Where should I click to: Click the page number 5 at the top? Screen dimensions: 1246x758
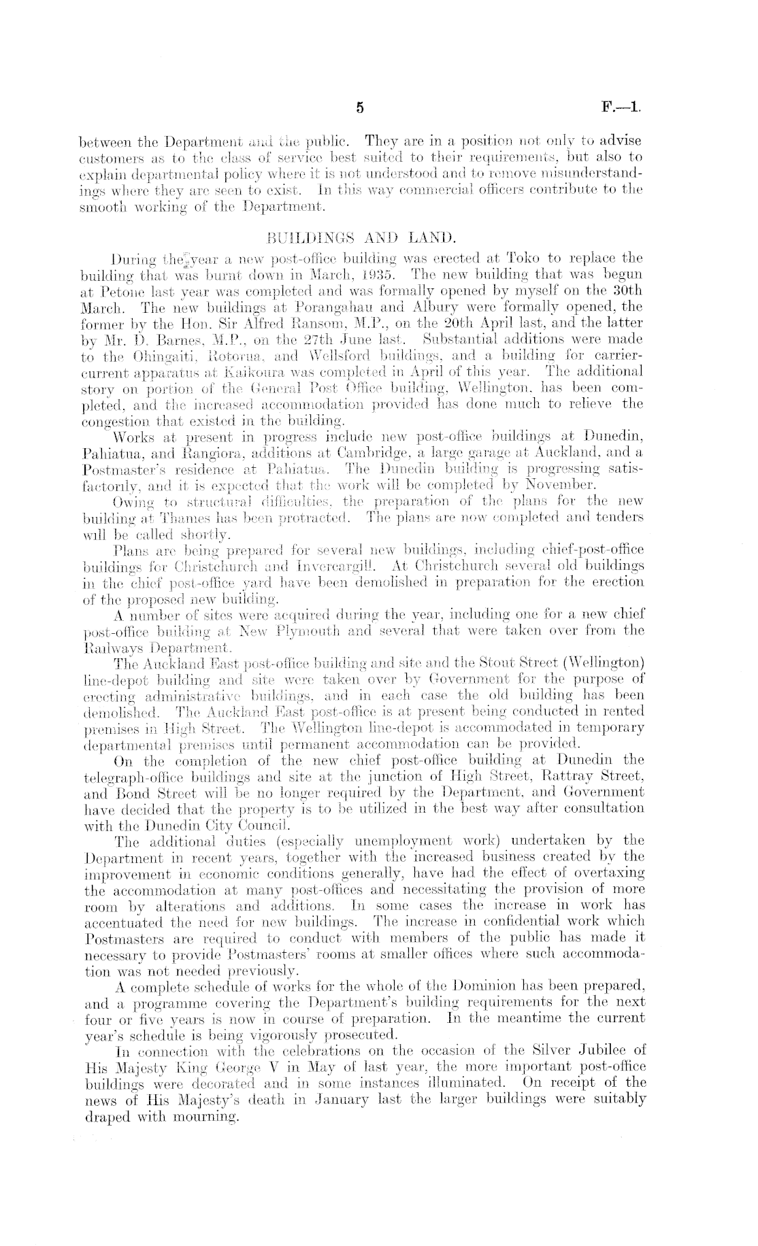361,107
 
